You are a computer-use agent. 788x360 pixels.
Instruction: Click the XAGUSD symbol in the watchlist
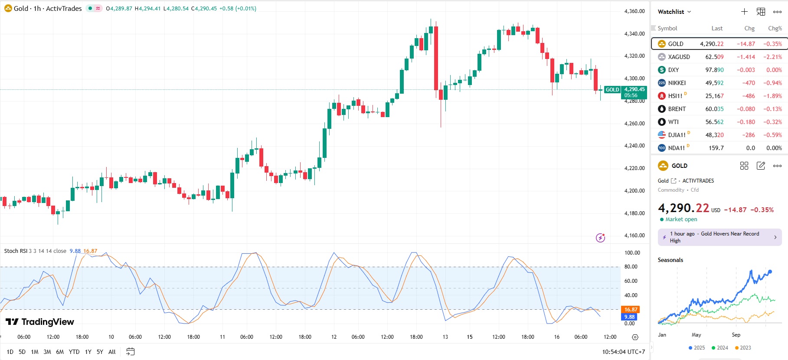pos(679,57)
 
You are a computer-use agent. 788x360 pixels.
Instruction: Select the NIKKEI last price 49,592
pos(714,83)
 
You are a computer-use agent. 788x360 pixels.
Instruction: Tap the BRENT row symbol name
pos(677,109)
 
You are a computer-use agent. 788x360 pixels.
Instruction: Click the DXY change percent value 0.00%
pos(774,70)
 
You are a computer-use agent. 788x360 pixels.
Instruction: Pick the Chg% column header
pos(775,28)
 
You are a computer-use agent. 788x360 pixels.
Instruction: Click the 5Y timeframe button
pos(100,352)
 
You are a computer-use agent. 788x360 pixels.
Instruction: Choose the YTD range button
pos(74,352)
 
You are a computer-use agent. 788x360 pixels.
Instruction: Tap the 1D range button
pos(10,352)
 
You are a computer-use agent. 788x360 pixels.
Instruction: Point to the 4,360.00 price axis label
pos(634,11)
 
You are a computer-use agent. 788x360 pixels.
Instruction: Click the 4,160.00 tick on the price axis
pos(634,236)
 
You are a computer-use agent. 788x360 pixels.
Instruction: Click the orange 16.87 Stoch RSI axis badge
pos(631,310)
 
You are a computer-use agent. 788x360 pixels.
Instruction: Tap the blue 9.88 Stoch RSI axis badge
pos(630,317)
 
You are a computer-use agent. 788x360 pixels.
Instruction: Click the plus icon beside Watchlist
pos(744,12)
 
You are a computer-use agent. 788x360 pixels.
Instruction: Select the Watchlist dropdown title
pos(674,12)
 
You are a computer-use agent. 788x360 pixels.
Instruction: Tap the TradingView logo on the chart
pos(40,322)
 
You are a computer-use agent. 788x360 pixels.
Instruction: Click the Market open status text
pos(681,219)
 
